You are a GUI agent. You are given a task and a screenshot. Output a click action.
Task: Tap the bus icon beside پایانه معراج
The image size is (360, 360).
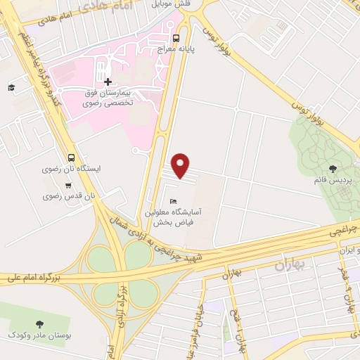(176, 39)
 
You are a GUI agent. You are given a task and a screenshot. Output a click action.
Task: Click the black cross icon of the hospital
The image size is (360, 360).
(107, 82)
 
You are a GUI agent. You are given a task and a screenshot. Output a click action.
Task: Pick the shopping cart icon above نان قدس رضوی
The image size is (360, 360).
(67, 186)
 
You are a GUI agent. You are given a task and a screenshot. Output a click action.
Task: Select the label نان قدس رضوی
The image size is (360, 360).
(79, 196)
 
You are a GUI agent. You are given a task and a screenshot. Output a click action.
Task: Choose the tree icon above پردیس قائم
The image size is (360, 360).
(333, 169)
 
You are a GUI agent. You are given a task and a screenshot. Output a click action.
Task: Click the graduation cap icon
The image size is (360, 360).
(11, 87)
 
